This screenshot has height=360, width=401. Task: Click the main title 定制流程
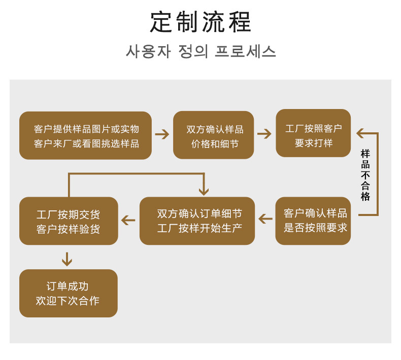[201, 22]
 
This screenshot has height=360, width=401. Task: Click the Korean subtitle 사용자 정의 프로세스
[201, 52]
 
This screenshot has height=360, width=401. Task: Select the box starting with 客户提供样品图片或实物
[86, 136]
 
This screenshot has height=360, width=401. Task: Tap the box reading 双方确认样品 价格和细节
[214, 135]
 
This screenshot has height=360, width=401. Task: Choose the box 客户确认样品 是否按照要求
[313, 221]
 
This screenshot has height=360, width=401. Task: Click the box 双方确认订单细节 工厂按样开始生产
[197, 221]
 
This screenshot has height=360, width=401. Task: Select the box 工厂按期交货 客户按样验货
[69, 221]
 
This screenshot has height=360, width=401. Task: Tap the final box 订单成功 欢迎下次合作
[69, 293]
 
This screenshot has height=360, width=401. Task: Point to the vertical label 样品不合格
[365, 174]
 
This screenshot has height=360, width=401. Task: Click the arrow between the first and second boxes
[162, 134]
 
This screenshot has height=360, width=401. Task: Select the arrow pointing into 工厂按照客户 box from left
[264, 134]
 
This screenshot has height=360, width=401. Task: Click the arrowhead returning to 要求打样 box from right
[360, 133]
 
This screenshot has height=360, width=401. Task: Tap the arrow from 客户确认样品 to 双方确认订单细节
[265, 219]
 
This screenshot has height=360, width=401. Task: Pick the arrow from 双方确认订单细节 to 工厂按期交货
[128, 220]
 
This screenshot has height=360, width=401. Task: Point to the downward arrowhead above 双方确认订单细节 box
[204, 190]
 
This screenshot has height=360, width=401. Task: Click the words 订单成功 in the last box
[68, 286]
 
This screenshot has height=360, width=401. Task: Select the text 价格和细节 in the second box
[215, 143]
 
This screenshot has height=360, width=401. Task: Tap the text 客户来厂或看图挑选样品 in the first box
[86, 143]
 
